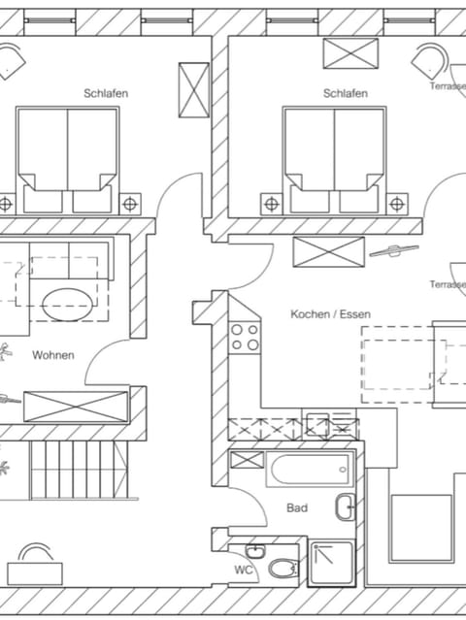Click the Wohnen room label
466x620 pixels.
53,355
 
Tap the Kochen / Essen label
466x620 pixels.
331,314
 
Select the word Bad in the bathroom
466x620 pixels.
297,507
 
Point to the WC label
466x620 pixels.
244,570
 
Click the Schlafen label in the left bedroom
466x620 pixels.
106,93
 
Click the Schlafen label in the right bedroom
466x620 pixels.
346,93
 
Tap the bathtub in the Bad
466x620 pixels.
310,470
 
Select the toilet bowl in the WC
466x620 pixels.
283,569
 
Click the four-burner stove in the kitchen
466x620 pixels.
245,338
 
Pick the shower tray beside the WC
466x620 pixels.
332,564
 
